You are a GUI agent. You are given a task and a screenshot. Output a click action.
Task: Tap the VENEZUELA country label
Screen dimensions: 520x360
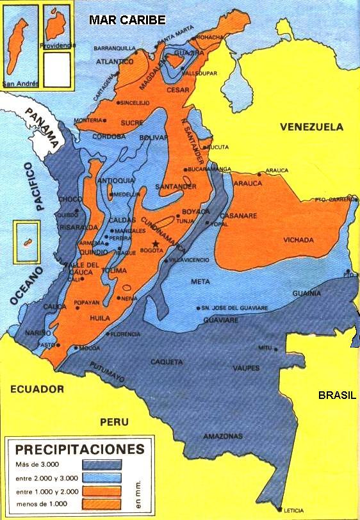coord(311,127)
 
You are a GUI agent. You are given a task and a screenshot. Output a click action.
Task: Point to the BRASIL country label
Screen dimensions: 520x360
coord(337,395)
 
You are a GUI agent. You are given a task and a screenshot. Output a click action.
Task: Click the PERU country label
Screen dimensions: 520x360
coord(114,422)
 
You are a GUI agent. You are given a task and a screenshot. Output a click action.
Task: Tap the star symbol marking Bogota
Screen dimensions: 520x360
coord(155,244)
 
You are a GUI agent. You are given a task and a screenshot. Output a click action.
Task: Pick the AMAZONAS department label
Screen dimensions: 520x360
coord(223,436)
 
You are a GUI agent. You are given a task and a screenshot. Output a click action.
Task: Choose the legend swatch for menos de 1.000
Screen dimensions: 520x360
coord(102,505)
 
